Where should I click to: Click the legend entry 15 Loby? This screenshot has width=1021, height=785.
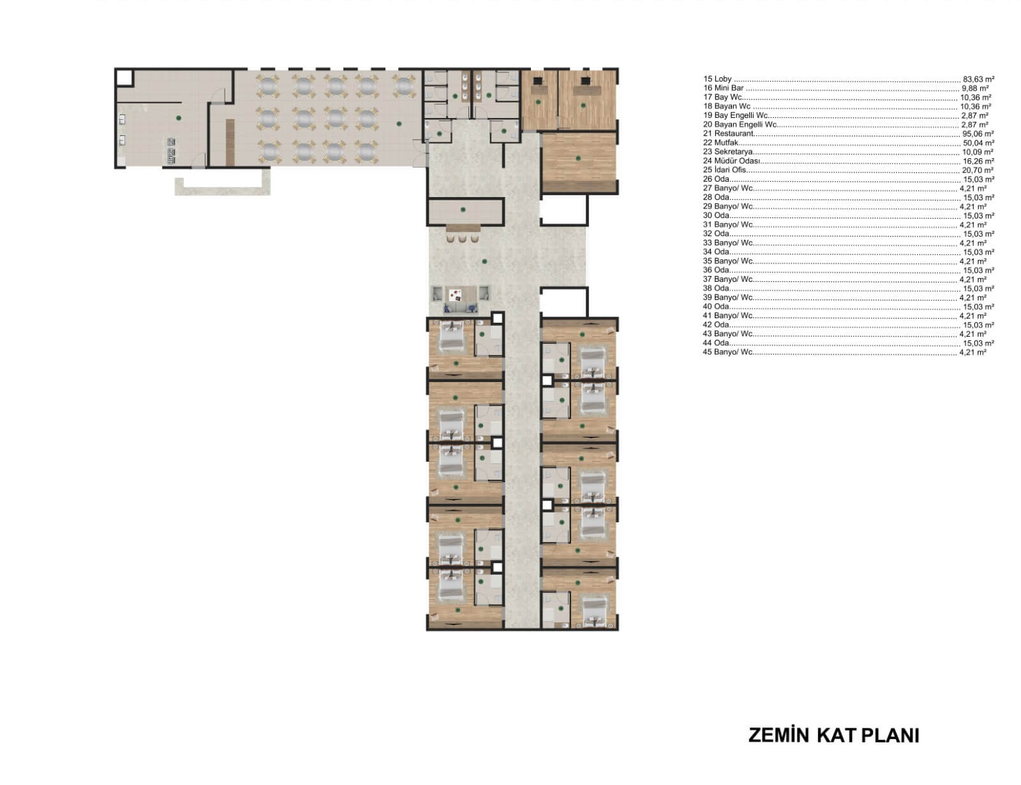coord(717,79)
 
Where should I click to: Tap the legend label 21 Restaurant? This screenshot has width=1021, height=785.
coord(728,134)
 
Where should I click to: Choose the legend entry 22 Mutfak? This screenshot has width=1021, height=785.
coord(720,143)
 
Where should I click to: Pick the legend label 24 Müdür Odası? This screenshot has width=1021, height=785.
coord(731,161)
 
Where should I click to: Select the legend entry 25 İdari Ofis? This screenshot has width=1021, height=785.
coord(724,170)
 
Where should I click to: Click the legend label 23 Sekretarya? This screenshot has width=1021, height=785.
coord(728,152)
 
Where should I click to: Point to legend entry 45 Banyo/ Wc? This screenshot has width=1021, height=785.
coord(728,352)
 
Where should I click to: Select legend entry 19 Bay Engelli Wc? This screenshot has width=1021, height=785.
coord(735,115)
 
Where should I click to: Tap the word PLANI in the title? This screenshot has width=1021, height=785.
coord(890,736)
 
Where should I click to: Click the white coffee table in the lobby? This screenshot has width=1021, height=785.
coord(455,295)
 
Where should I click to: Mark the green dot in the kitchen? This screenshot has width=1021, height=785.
coord(179,118)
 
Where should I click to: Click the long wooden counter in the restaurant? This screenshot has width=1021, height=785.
coord(230,142)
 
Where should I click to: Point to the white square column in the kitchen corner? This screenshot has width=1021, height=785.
coord(124,77)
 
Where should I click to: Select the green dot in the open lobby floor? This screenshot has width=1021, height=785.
coord(484,261)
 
